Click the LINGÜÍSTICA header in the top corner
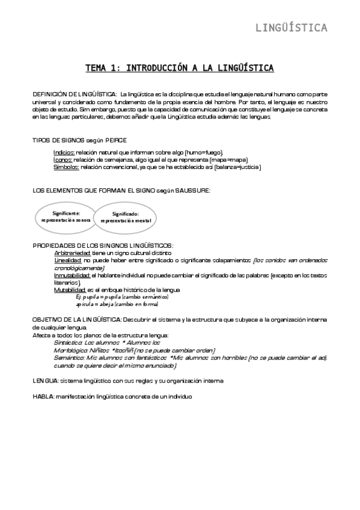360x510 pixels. point(291,28)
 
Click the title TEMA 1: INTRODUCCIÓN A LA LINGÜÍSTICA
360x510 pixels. point(180,68)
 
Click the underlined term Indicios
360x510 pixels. point(64,153)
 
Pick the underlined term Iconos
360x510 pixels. point(63,160)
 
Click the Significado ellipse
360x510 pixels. point(126,217)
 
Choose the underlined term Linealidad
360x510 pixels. point(67,260)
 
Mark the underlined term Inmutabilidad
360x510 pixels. point(72,275)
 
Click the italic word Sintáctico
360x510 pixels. point(68,342)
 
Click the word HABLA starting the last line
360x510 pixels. point(43,396)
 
